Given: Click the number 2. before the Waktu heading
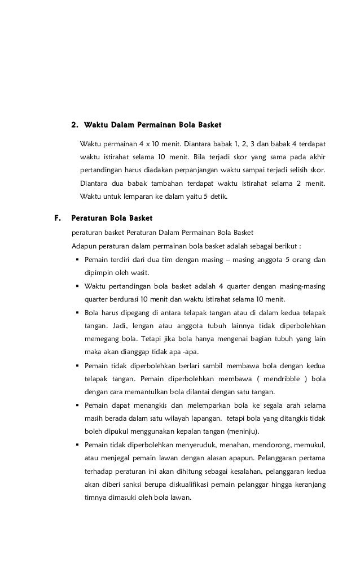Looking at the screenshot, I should point(73,124).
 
